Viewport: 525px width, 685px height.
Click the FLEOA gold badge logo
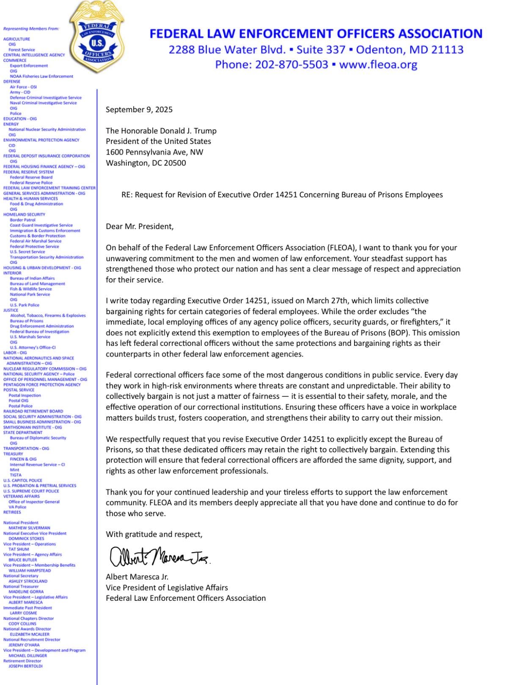point(98,37)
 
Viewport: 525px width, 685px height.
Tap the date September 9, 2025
point(139,110)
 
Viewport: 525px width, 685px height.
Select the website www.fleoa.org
point(378,64)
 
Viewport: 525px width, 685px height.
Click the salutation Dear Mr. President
point(140,226)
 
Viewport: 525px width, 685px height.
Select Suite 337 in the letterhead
point(321,50)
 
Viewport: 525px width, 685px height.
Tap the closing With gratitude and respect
point(154,534)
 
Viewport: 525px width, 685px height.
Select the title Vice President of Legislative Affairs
point(167,588)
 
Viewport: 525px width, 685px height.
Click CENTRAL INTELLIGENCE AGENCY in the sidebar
point(34,55)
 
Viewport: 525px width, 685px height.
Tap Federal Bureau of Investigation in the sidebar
point(39,331)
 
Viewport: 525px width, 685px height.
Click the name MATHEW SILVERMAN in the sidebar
point(29,528)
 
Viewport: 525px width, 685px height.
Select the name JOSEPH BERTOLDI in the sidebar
point(26,666)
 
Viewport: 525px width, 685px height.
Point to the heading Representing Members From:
point(31,29)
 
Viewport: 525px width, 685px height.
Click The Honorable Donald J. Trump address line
point(161,131)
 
